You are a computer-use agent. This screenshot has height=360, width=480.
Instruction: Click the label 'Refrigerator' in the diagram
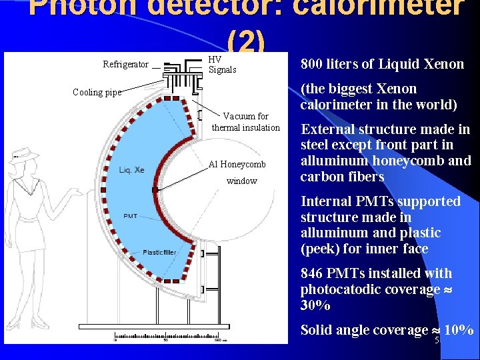pyautogui.click(x=125, y=65)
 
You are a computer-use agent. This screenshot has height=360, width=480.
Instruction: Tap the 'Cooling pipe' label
pyautogui.click(x=97, y=93)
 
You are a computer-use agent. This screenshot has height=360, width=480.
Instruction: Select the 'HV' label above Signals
pyautogui.click(x=215, y=59)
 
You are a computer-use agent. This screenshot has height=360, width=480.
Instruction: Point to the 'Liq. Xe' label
pyautogui.click(x=131, y=170)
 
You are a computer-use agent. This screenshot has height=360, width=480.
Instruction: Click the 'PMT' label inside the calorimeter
pyautogui.click(x=130, y=216)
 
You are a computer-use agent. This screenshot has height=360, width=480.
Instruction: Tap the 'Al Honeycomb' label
pyautogui.click(x=237, y=165)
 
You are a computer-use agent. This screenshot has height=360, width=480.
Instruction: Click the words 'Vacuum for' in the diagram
pyautogui.click(x=245, y=116)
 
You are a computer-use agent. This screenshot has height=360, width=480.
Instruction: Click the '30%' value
pyautogui.click(x=316, y=306)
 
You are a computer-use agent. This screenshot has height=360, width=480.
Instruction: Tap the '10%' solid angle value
pyautogui.click(x=459, y=330)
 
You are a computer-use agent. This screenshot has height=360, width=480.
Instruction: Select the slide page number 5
pyautogui.click(x=437, y=340)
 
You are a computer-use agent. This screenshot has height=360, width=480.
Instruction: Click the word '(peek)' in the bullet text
pyautogui.click(x=321, y=249)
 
